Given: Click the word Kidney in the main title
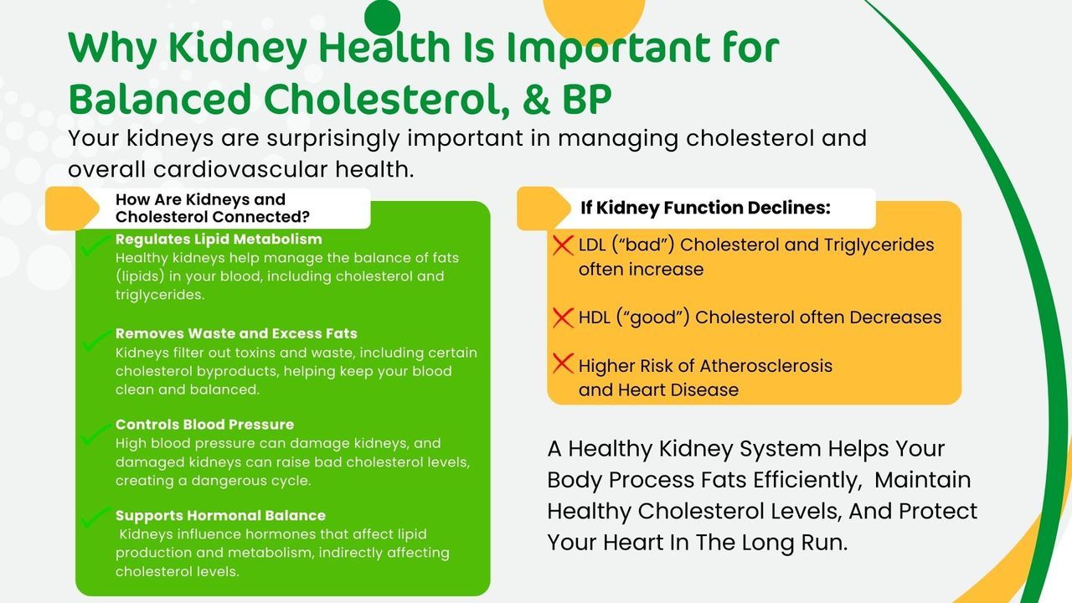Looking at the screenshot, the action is [237, 49].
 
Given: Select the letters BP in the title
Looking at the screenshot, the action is [587, 99].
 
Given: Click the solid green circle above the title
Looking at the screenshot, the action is [382, 18].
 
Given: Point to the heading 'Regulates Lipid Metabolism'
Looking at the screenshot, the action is [219, 239].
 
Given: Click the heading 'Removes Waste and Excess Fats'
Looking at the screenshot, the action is [236, 333].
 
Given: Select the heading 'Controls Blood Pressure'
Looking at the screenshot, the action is [205, 424].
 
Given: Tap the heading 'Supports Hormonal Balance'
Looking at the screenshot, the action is [220, 515].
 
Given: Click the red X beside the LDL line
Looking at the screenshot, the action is [563, 245].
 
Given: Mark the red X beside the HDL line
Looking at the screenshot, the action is [563, 317].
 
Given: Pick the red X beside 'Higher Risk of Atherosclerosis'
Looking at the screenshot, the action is [563, 363].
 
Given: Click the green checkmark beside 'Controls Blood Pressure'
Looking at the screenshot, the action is [95, 434].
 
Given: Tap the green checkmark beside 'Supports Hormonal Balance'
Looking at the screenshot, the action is [95, 517].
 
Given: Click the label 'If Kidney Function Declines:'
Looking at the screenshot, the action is [705, 208].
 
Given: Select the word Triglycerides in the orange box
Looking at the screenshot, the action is [879, 245].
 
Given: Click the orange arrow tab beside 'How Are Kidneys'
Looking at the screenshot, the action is [72, 209].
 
